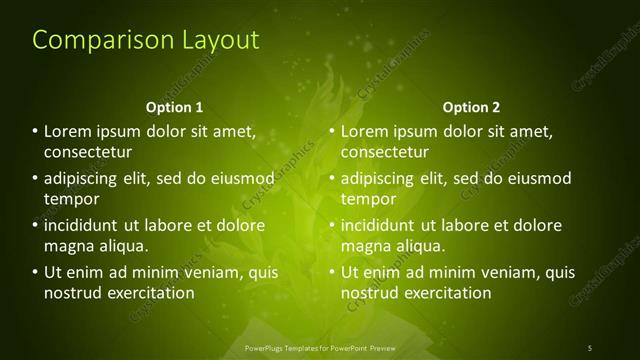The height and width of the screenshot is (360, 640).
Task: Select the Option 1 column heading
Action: tap(174, 107)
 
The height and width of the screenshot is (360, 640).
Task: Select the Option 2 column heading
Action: tap(471, 107)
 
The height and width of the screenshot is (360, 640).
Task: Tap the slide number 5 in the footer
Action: tap(590, 347)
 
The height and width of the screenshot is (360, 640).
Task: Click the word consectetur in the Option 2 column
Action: tap(385, 153)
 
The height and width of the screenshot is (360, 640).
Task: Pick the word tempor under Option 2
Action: tap(367, 200)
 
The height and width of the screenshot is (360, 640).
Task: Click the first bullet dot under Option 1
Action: tap(36, 131)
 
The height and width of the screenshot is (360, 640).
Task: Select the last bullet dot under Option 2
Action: tap(332, 272)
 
